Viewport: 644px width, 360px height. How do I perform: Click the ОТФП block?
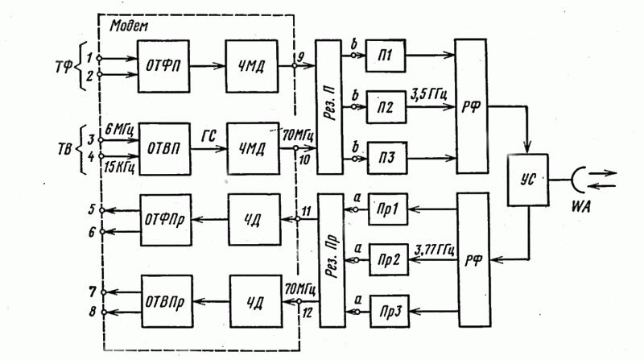(163, 66)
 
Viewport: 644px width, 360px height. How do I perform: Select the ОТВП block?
(165, 149)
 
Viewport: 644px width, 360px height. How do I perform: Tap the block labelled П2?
(386, 107)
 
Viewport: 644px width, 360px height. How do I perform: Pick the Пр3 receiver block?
(390, 311)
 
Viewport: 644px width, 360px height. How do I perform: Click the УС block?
(528, 180)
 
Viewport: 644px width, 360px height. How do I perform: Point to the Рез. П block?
(329, 107)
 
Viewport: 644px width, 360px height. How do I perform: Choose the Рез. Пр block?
(332, 261)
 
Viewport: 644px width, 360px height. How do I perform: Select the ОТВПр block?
(167, 301)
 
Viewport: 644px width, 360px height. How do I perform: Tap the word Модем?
(129, 27)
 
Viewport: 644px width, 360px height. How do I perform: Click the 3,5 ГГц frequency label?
(429, 95)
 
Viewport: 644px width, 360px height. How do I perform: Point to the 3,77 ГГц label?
(435, 250)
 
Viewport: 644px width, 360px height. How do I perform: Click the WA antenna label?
(580, 207)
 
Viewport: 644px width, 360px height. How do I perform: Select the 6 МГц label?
(119, 130)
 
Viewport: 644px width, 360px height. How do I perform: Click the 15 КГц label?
(119, 168)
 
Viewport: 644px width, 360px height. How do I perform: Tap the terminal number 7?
(93, 292)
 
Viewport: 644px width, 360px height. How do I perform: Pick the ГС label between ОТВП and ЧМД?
(208, 136)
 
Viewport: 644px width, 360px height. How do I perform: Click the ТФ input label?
(64, 67)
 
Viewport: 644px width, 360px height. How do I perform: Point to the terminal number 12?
(308, 313)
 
